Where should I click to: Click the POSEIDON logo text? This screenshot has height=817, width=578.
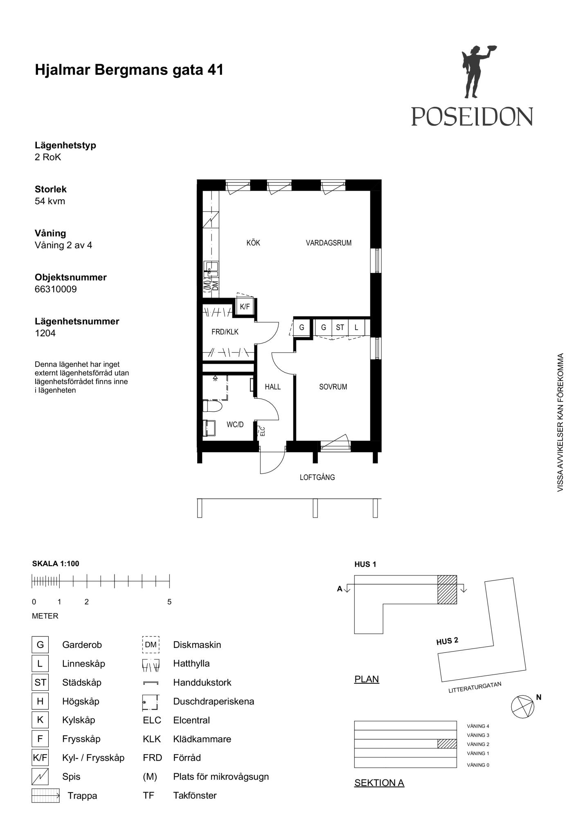pos(472,116)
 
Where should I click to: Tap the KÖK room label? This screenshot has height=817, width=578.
pos(253,243)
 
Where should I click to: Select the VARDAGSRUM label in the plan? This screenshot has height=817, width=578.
pos(328,243)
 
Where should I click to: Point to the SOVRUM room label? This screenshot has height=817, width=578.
pos(333,387)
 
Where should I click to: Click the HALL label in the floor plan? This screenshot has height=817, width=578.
pos(272,387)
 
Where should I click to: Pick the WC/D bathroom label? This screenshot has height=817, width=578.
pos(235,425)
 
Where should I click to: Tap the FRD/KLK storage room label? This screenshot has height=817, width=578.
pos(225,332)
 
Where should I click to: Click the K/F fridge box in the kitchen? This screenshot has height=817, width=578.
pos(245,307)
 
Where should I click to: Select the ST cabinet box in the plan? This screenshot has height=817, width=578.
pos(340,327)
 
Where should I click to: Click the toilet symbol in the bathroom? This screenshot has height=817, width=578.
pos(212,406)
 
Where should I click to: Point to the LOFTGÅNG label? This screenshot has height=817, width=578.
pos(317,477)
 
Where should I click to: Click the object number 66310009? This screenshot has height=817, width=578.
pos(56,289)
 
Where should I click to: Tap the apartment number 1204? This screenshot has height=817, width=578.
pos(45,333)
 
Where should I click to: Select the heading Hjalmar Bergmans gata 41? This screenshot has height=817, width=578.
pos(129,70)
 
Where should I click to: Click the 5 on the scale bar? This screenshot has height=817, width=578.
pos(169,602)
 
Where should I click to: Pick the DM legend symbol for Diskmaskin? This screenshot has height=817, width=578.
pos(151,645)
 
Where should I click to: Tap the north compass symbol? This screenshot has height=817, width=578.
pos(523,706)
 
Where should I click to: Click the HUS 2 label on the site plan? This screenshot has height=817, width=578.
pos(448,641)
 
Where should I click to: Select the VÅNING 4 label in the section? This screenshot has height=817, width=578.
pos(478,726)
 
